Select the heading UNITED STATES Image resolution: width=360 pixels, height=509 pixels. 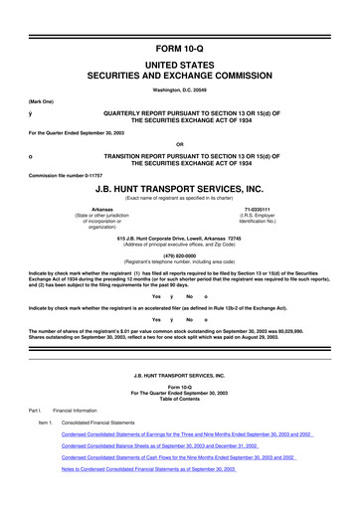pyautogui.click(x=180, y=63)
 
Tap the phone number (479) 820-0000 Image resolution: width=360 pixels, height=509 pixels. pyautogui.click(x=180, y=253)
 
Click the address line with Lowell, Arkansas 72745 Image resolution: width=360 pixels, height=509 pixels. pyautogui.click(x=180, y=240)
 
